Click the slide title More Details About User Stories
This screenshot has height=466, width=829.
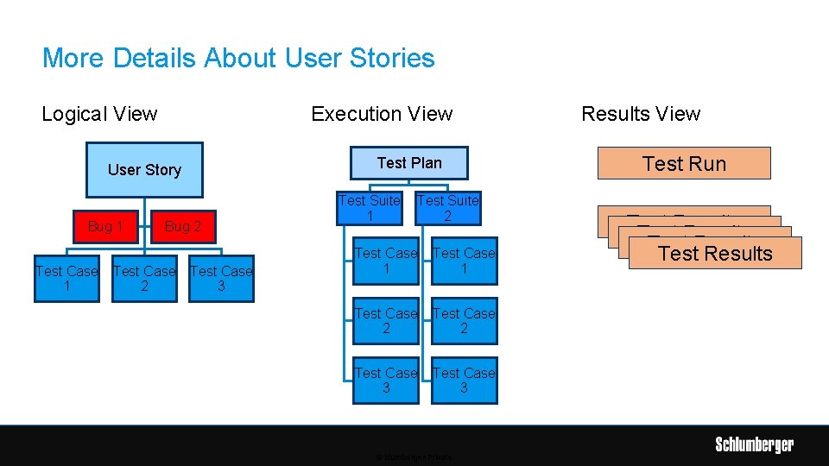[x=238, y=59]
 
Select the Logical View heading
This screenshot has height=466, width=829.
[x=99, y=114]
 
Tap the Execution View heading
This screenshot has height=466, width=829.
[x=382, y=114]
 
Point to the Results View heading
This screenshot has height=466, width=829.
[x=641, y=114]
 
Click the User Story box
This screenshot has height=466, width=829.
[x=144, y=170]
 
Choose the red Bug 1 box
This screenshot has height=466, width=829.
[x=105, y=227]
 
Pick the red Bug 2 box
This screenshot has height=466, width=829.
[x=182, y=227]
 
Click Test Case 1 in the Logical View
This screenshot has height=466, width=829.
[x=66, y=279]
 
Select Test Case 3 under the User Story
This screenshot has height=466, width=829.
[x=221, y=279]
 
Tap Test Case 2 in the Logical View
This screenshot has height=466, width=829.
[x=144, y=279]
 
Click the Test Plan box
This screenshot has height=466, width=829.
[x=409, y=163]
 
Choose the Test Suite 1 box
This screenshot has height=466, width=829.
[x=370, y=208]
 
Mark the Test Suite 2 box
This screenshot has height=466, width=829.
[x=447, y=208]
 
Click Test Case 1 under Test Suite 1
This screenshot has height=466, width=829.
[x=386, y=261]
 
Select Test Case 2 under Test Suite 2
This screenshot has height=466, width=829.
[x=465, y=320]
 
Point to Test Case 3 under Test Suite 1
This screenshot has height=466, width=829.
[x=386, y=381]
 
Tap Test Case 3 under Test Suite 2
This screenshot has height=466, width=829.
[x=465, y=381]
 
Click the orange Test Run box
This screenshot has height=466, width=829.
[x=684, y=163]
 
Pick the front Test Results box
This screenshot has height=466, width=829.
[x=715, y=254]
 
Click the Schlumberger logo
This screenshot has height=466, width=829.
[x=754, y=445]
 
